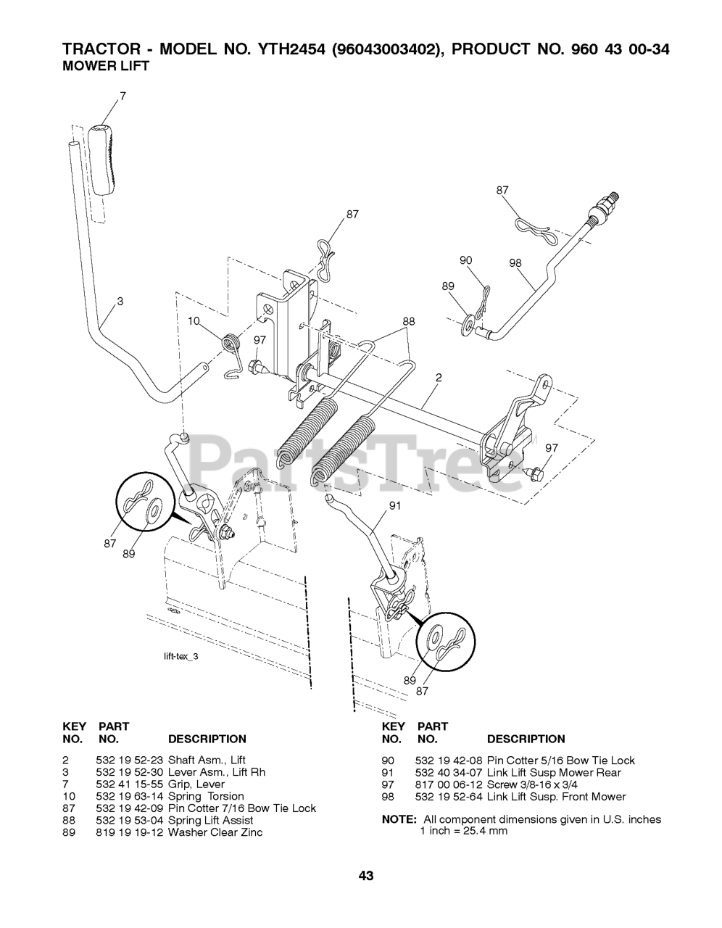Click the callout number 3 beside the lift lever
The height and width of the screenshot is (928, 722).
tap(120, 302)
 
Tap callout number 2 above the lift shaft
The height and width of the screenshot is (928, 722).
tap(439, 378)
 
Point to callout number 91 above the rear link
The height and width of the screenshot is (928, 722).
tap(395, 506)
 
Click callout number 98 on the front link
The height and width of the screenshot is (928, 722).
tap(515, 263)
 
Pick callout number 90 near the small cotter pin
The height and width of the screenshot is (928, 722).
tap(465, 260)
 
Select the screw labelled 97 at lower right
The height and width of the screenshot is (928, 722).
tap(534, 475)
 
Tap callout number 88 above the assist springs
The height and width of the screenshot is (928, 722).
tap(409, 321)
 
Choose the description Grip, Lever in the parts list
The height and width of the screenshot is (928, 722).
tap(196, 784)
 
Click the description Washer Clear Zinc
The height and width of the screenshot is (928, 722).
tap(215, 832)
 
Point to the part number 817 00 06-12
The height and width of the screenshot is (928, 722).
tap(448, 784)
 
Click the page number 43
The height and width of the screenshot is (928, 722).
tap(365, 876)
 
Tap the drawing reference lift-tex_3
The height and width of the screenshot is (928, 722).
tap(180, 656)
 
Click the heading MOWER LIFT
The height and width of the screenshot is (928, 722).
tap(106, 66)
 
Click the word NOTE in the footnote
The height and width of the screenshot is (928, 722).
tap(398, 820)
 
